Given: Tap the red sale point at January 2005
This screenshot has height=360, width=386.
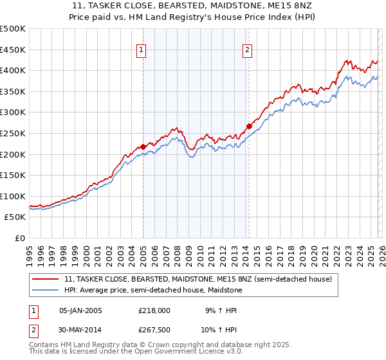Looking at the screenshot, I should coord(143,147).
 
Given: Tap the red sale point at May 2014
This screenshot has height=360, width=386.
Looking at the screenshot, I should coord(249,126).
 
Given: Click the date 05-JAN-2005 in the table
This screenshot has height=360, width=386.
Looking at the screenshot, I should coord(80,310).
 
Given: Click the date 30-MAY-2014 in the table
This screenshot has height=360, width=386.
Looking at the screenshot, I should coord(80,330).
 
